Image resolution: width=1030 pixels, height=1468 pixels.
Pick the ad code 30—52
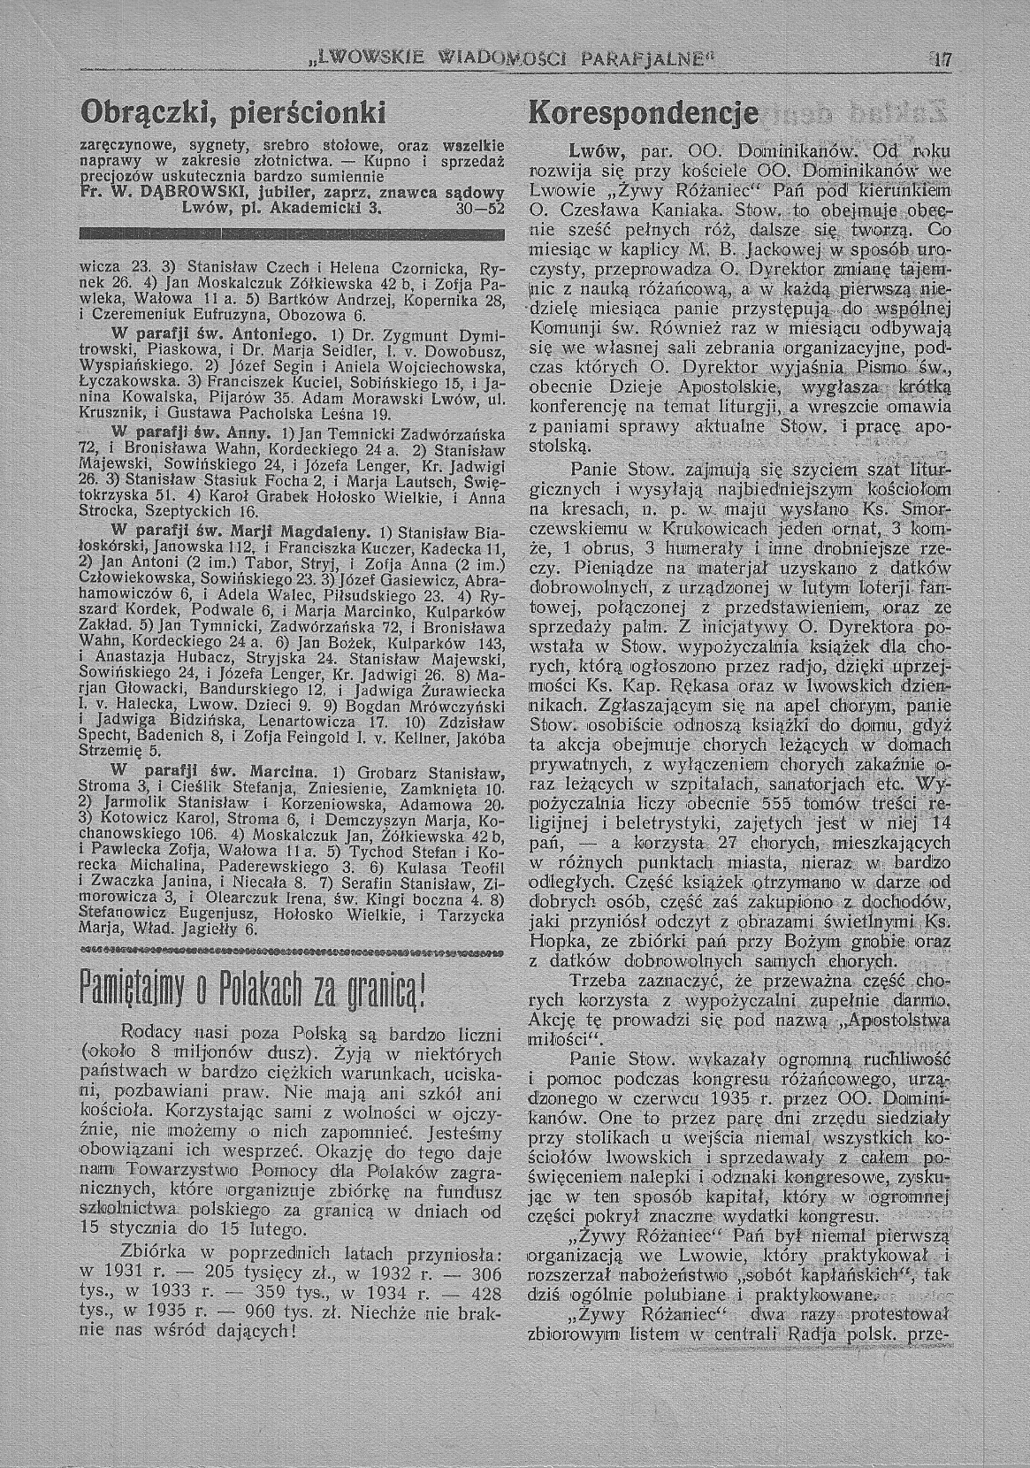pos(484,208)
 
